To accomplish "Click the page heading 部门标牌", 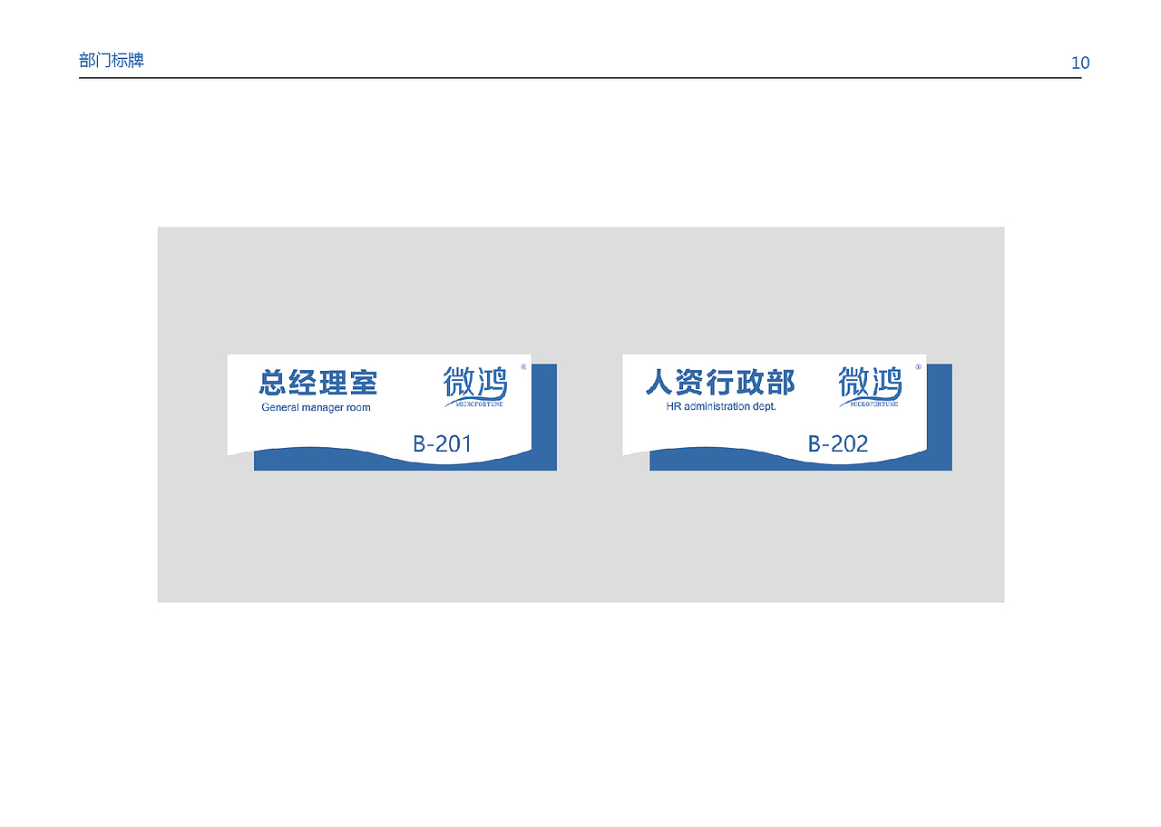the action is click(112, 61).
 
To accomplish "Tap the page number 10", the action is click(1079, 63).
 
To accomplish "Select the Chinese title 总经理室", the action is click(318, 382).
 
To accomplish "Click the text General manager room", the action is click(316, 407).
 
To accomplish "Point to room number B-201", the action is click(443, 443).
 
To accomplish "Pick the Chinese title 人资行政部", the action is click(720, 382).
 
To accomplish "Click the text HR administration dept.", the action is click(721, 406).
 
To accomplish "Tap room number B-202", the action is click(838, 443).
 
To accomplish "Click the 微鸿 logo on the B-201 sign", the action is click(474, 384).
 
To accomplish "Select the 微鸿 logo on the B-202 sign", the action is click(870, 384).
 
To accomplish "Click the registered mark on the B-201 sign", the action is click(523, 366).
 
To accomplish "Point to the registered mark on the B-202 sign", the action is click(918, 366).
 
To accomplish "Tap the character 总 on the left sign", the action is click(274, 382).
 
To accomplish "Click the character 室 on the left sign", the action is click(363, 382).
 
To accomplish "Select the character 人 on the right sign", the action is click(660, 382).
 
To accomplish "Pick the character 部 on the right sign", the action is click(780, 382).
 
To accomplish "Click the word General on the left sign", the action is click(280, 407).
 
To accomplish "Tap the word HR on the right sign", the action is click(673, 406).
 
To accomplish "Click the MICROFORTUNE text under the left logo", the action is click(474, 404).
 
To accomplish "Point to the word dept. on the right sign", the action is click(764, 406).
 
